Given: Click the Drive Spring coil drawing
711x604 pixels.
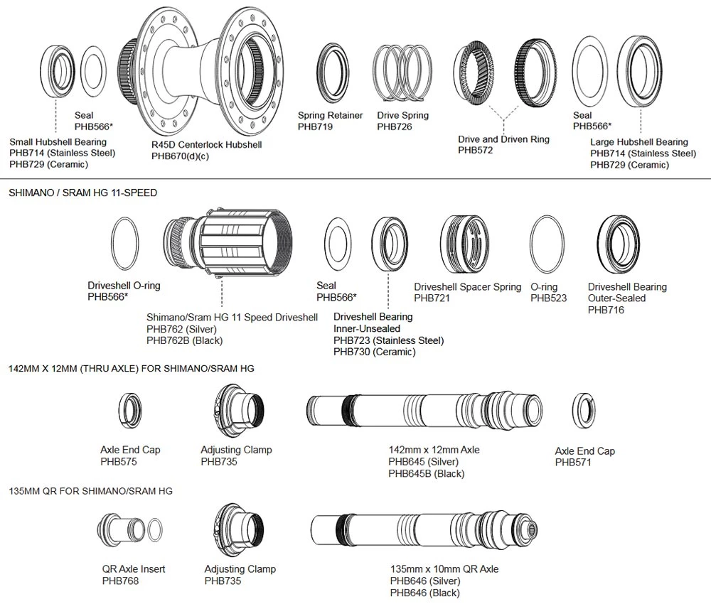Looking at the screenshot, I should [403, 73].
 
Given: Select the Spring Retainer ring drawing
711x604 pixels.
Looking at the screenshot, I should [331, 73].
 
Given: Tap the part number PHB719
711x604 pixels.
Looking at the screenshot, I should [315, 127].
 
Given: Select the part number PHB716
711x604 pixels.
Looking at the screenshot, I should [606, 310].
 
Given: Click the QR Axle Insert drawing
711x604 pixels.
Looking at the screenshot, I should [121, 529].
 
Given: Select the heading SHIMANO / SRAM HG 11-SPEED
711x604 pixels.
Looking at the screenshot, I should [82, 193].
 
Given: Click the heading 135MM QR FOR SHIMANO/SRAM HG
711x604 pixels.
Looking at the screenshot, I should [90, 491].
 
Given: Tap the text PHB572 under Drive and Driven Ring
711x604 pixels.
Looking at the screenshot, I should [476, 151].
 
